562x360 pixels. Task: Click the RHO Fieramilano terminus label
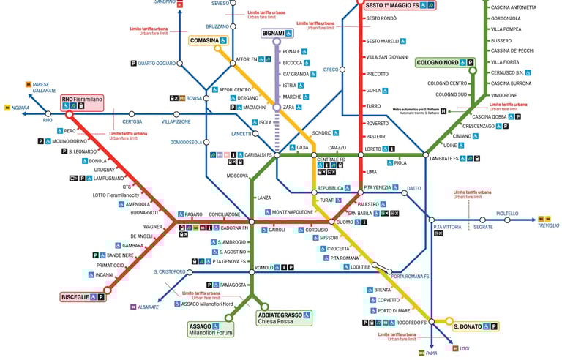[82, 102]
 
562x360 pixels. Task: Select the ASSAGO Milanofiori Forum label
[211, 329]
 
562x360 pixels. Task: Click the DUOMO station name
[345, 222]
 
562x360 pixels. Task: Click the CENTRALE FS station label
[331, 160]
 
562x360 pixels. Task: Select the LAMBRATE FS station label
[444, 159]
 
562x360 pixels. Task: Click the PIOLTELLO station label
[507, 214]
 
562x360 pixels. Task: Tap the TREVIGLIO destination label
[548, 225]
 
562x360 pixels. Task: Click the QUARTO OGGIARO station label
[157, 64]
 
